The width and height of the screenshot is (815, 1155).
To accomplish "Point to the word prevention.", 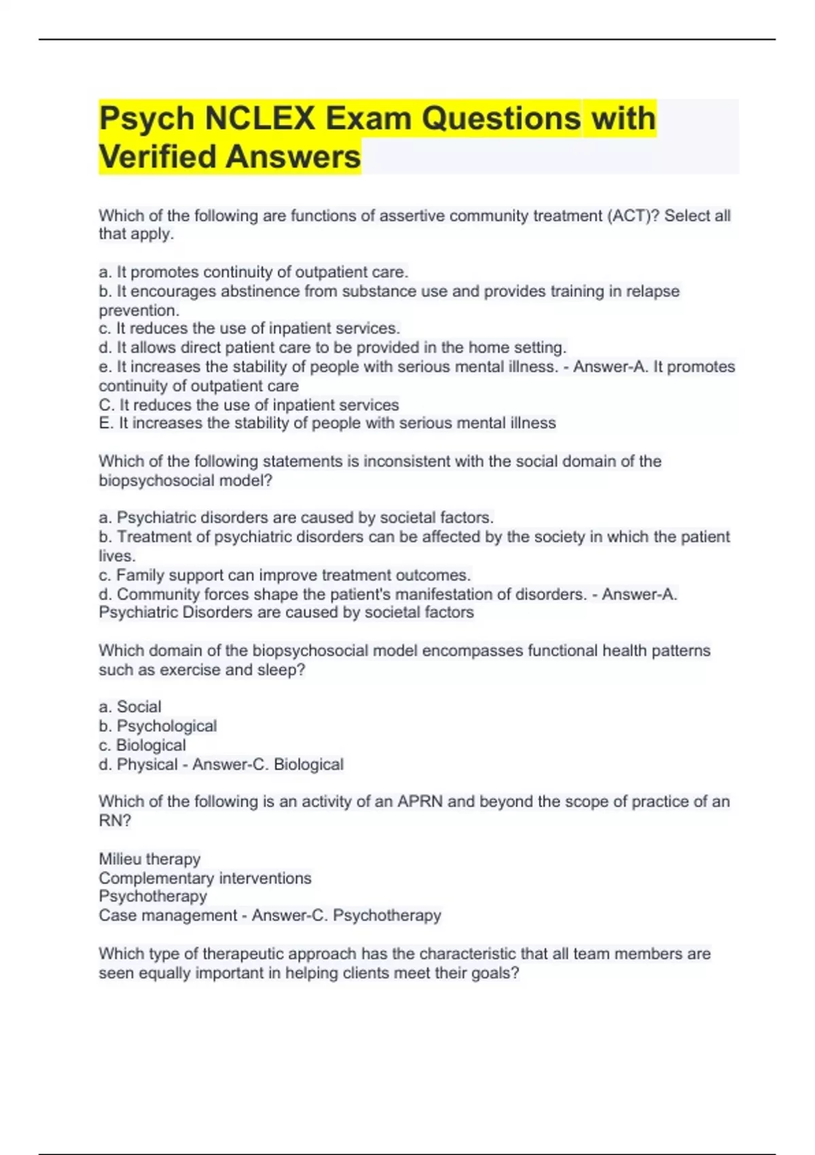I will [x=139, y=310].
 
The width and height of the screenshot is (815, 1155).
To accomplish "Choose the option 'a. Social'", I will [x=130, y=707].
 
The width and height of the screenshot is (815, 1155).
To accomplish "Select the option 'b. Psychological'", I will [x=158, y=726].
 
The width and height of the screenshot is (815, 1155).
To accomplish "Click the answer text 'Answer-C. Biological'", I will [x=268, y=764].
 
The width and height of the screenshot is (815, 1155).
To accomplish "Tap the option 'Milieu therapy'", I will [x=149, y=859].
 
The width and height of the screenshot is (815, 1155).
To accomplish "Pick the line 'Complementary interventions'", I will [x=204, y=878].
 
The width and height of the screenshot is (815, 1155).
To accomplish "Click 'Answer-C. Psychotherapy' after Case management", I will [x=346, y=915].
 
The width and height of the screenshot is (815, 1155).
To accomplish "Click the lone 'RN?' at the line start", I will [x=115, y=821].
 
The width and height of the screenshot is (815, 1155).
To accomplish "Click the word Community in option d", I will [x=158, y=594].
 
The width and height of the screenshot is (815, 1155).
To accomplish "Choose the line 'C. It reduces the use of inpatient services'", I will [x=249, y=405].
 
